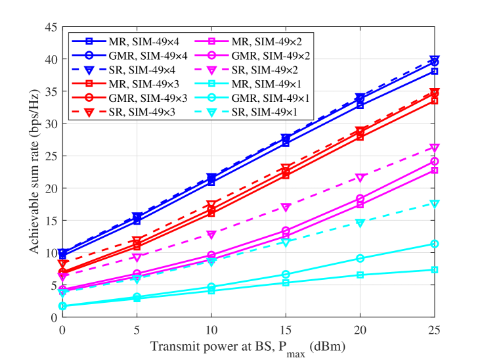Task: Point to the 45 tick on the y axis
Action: click(51, 27)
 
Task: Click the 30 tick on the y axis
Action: click(51, 124)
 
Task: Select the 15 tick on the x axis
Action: click(286, 330)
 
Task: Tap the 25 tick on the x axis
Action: click(435, 330)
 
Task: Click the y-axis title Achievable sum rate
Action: click(34, 171)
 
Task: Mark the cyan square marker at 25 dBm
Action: click(435, 270)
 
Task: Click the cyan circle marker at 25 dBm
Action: click(435, 244)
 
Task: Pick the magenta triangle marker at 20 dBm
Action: click(360, 178)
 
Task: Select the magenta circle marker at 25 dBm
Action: click(435, 162)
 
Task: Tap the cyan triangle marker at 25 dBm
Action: click(435, 204)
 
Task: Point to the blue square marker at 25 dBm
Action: click(435, 72)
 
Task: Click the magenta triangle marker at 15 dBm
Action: click(286, 208)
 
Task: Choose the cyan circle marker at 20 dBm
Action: click(360, 259)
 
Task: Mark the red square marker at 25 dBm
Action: click(435, 101)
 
